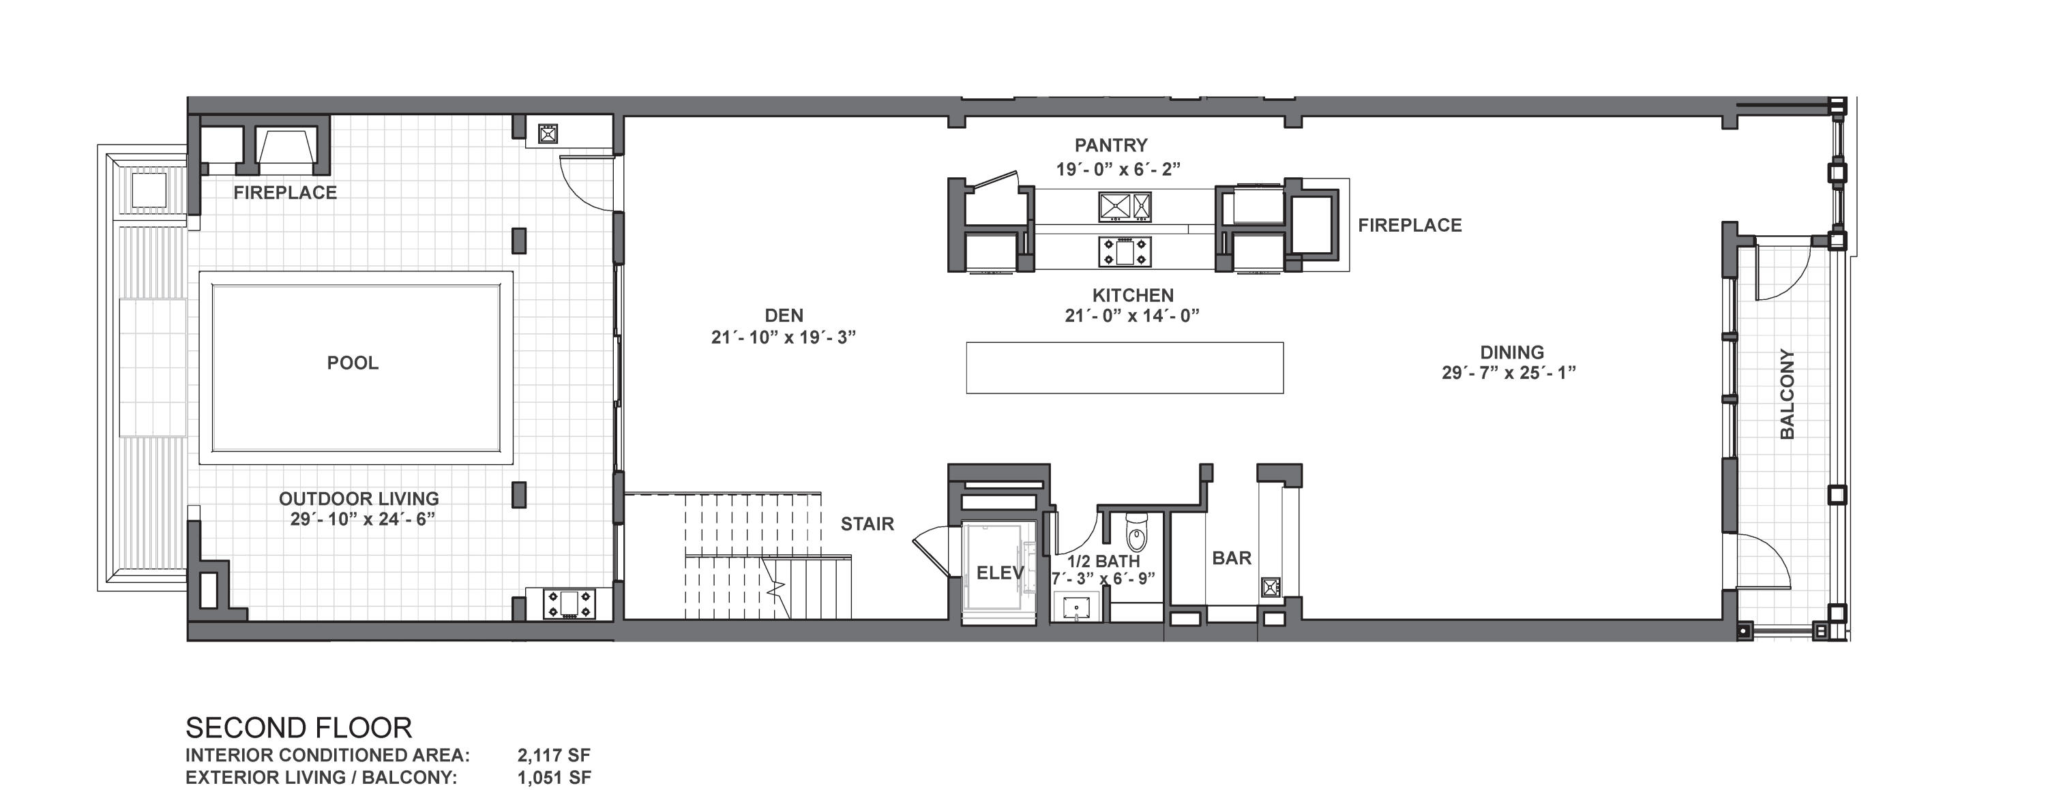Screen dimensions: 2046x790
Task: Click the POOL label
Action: coord(353,363)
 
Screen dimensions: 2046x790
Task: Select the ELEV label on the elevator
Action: coord(1000,573)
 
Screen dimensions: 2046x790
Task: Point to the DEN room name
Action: coord(784,315)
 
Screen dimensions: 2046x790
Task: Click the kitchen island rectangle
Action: coord(1124,367)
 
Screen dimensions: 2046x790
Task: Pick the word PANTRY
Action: coord(1111,145)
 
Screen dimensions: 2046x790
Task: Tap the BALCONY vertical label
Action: coord(1787,394)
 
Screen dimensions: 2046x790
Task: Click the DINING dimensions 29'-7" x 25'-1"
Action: coord(1509,372)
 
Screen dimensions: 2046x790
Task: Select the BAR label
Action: coord(1232,558)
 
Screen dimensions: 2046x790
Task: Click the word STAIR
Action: coord(868,524)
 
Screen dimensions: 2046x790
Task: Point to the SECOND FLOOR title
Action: coord(299,727)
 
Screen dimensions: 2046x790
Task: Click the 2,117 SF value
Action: coord(554,755)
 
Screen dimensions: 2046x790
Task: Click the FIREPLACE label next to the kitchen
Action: coord(1410,226)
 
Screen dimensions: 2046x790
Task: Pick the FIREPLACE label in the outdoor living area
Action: coord(285,192)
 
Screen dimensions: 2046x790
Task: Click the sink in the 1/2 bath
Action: coord(1076,607)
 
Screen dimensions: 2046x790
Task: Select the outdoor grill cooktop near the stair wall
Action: coord(568,603)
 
